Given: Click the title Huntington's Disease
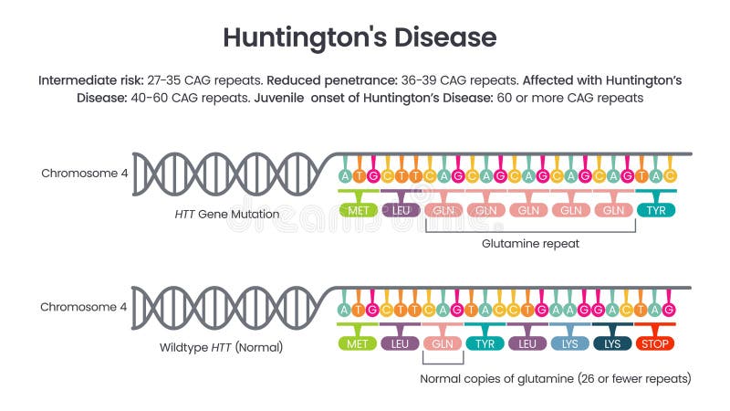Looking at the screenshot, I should [360, 37].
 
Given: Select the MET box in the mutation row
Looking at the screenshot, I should [358, 210].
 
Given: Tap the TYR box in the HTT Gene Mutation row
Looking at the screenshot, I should [655, 210].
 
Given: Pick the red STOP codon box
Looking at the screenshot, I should [655, 344].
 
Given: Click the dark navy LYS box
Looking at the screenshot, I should [612, 344].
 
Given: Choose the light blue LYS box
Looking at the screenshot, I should [569, 344].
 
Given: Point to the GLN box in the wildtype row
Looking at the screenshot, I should [443, 344].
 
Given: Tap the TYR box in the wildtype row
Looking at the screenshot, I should [485, 344].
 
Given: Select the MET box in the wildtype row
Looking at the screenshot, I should [358, 344].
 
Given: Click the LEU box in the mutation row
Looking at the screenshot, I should [400, 210].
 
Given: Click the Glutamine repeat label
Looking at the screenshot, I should [530, 244].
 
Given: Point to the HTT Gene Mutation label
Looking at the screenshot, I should [226, 214].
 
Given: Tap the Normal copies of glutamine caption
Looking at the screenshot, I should [555, 378].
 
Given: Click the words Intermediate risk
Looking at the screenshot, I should [88, 80].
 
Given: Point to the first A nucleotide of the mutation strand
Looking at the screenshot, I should [344, 174].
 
